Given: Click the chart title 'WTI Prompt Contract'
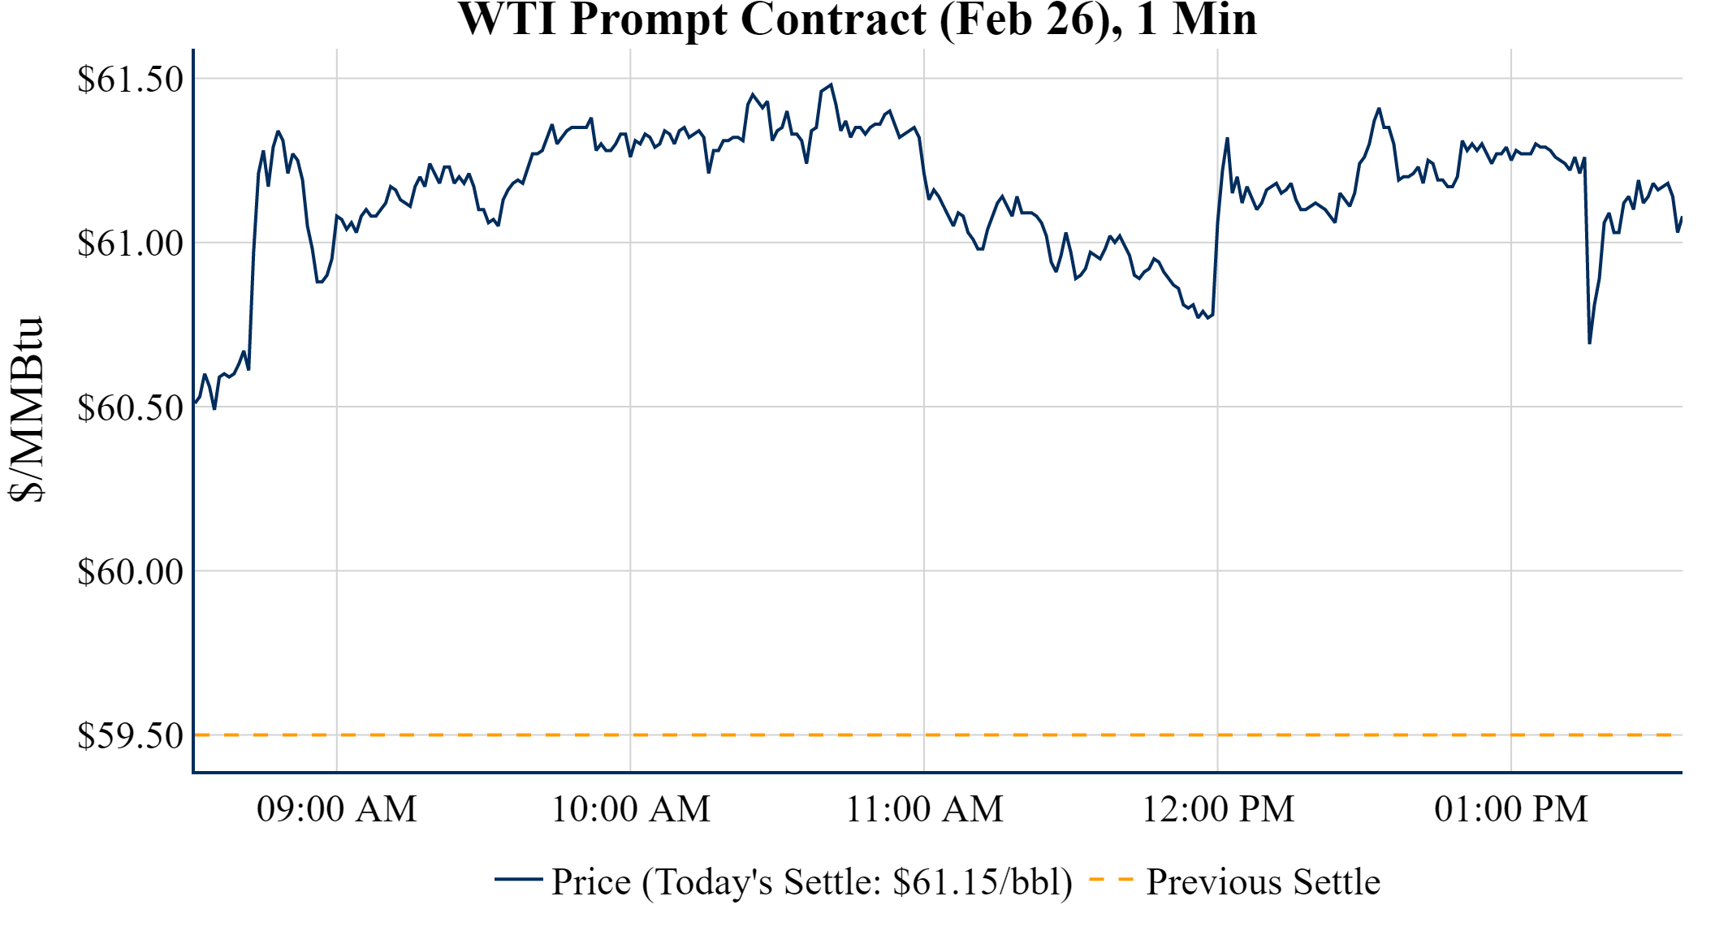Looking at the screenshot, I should point(857,19).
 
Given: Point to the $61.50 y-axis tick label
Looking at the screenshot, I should point(130,80).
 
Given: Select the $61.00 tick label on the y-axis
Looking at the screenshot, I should point(130,243).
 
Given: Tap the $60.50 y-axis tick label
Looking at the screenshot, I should point(130,407).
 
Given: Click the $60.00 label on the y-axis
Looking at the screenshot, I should point(130,571).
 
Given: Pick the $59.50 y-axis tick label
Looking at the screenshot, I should point(130,735).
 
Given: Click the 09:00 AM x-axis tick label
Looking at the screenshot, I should point(337,809).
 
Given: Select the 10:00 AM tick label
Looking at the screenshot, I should point(631,809).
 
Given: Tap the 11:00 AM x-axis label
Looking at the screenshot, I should point(924,809).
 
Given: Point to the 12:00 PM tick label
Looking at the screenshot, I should point(1218,809).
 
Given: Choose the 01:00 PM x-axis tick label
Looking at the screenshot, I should point(1511,809).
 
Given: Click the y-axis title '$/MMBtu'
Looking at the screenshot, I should point(26,410).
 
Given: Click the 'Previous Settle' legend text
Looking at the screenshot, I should point(1263,882).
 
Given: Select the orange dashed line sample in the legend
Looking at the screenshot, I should point(1111,880).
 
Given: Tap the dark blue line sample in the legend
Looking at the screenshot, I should point(518,879).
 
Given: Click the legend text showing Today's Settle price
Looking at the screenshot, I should point(812,882).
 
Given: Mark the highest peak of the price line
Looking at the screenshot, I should point(831,85).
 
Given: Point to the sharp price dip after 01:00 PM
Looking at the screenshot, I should point(1589,343).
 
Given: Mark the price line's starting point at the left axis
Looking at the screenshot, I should point(196,403).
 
